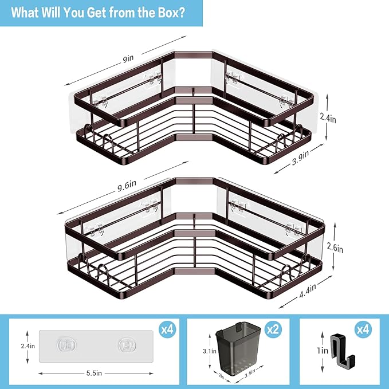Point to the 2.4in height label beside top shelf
[328, 117]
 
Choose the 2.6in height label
[335, 249]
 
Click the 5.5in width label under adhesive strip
[95, 373]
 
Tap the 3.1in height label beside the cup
[210, 351]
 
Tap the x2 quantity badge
[273, 330]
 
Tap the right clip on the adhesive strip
[125, 345]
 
